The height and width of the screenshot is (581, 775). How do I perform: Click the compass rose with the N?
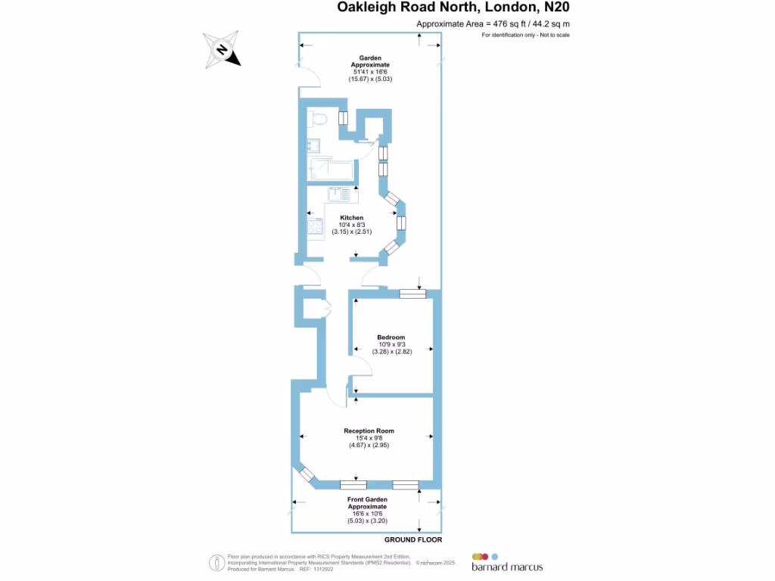click(x=223, y=51)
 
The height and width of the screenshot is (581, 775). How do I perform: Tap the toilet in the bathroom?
click(x=319, y=118)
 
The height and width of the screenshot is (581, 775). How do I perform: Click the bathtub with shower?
click(x=330, y=170)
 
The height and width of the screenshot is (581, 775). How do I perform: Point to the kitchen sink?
click(x=341, y=194)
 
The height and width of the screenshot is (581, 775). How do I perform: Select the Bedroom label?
click(x=391, y=337)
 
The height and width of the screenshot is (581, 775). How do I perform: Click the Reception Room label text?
click(x=369, y=431)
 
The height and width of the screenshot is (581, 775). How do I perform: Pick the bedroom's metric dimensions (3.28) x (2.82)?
click(x=391, y=352)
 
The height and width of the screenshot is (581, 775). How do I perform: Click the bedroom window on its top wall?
click(x=412, y=294)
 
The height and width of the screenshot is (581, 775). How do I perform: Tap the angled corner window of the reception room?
click(x=307, y=474)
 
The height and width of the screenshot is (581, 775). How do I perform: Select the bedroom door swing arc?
click(x=362, y=368)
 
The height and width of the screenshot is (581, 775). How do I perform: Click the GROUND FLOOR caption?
click(x=412, y=540)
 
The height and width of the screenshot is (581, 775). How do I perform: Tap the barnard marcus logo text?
click(x=506, y=567)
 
